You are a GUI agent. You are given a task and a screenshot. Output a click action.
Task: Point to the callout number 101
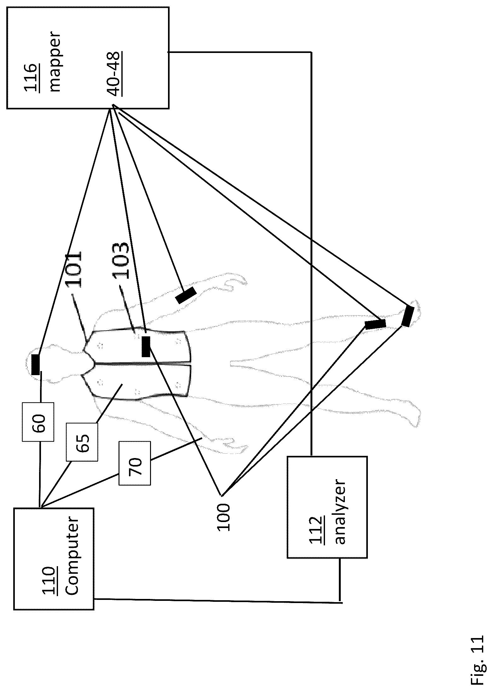pyautogui.click(x=74, y=269)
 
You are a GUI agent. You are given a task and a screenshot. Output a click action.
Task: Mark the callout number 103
pyautogui.click(x=121, y=260)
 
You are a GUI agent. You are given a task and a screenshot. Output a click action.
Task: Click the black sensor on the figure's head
pyautogui.click(x=36, y=365)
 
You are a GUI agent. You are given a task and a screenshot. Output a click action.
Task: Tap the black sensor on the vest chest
pyautogui.click(x=146, y=347)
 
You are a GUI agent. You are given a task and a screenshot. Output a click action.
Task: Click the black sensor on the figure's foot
pyautogui.click(x=408, y=316)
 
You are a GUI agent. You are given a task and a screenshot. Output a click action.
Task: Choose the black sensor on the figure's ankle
pyautogui.click(x=375, y=324)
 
